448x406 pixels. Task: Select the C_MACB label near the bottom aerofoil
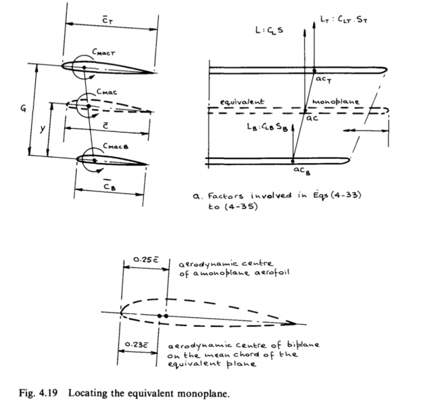pos(111,146)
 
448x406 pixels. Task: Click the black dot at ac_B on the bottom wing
pos(292,161)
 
